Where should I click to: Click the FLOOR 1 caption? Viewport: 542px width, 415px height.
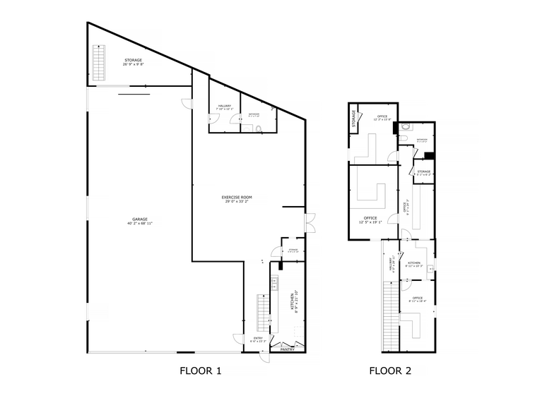pos(201,371)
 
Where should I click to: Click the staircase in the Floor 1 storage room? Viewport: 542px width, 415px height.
pos(100,63)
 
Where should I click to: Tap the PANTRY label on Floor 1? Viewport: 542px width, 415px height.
pos(286,349)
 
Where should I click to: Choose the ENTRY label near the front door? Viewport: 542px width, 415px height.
pos(258,339)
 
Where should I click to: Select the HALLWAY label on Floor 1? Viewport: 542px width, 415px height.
pos(225,107)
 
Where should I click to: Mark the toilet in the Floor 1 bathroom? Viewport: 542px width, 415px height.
pos(259,128)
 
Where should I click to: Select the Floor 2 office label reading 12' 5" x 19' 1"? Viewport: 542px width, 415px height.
pos(370,220)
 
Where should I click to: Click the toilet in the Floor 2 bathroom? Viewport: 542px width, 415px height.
pos(405,128)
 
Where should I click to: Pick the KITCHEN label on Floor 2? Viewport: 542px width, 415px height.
pos(414,265)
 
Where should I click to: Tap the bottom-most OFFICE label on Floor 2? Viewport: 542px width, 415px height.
pos(417,299)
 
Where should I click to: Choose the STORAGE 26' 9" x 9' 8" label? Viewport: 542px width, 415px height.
pos(134,61)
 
